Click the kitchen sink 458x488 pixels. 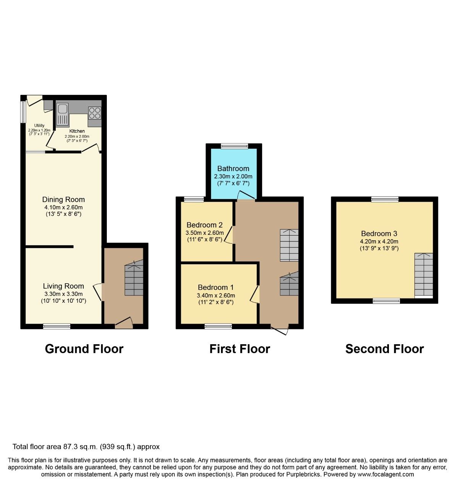[x=62, y=114]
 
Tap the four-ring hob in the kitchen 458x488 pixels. [x=95, y=113]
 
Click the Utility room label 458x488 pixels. [x=39, y=125]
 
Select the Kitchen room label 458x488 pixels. [x=77, y=131]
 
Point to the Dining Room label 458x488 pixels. [x=63, y=199]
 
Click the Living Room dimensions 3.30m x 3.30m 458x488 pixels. [x=63, y=294]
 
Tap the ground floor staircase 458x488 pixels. [x=134, y=278]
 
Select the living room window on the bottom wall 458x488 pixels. [x=56, y=326]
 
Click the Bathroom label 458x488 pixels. [x=233, y=169]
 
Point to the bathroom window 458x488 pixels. [x=234, y=146]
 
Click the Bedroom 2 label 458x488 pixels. [x=204, y=225]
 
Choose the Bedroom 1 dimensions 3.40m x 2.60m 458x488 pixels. [x=216, y=295]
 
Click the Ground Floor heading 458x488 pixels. [x=84, y=349]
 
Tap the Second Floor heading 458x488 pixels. [x=384, y=349]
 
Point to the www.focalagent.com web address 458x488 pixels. [x=385, y=474]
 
